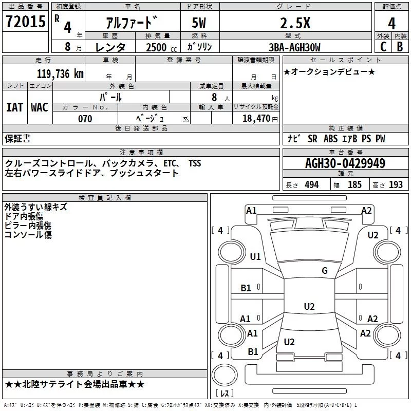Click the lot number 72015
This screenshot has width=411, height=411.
(x=25, y=22)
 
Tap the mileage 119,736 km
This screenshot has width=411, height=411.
(x=60, y=73)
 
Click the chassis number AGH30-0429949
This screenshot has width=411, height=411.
(x=345, y=163)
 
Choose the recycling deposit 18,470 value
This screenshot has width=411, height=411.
(x=255, y=119)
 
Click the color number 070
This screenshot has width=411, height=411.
(x=85, y=119)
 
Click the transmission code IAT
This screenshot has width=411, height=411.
(x=14, y=107)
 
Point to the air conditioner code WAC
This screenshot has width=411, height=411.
(x=39, y=107)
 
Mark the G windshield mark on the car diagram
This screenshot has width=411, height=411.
(x=324, y=271)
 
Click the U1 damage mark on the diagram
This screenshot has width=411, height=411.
(x=255, y=256)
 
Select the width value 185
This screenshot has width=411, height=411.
(x=354, y=184)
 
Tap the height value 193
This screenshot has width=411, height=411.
(x=396, y=184)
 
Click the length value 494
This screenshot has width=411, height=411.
(x=311, y=184)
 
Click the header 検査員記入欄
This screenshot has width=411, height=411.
(x=105, y=198)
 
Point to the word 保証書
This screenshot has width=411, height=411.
(x=17, y=139)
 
